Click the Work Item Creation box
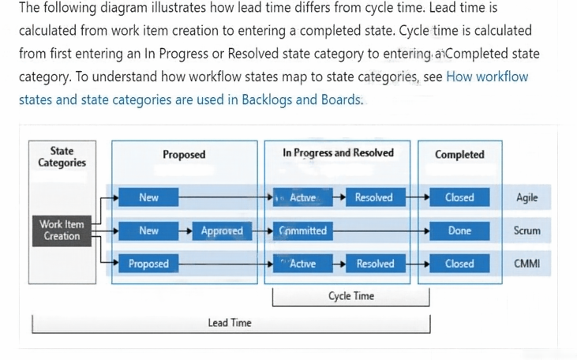(62, 231)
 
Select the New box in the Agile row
(148, 197)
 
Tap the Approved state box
(223, 231)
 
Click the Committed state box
(303, 231)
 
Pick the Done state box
(459, 231)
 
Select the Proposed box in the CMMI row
(148, 264)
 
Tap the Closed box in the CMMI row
(459, 264)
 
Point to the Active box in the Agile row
(303, 197)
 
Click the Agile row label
(527, 197)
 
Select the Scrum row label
(527, 231)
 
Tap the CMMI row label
(527, 264)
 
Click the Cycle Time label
(351, 296)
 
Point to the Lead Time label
(230, 323)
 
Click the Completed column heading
(459, 154)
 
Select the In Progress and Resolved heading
(338, 152)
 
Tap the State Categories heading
(62, 157)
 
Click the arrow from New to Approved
(185, 231)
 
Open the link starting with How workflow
(274, 88)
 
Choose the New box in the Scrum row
(148, 231)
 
